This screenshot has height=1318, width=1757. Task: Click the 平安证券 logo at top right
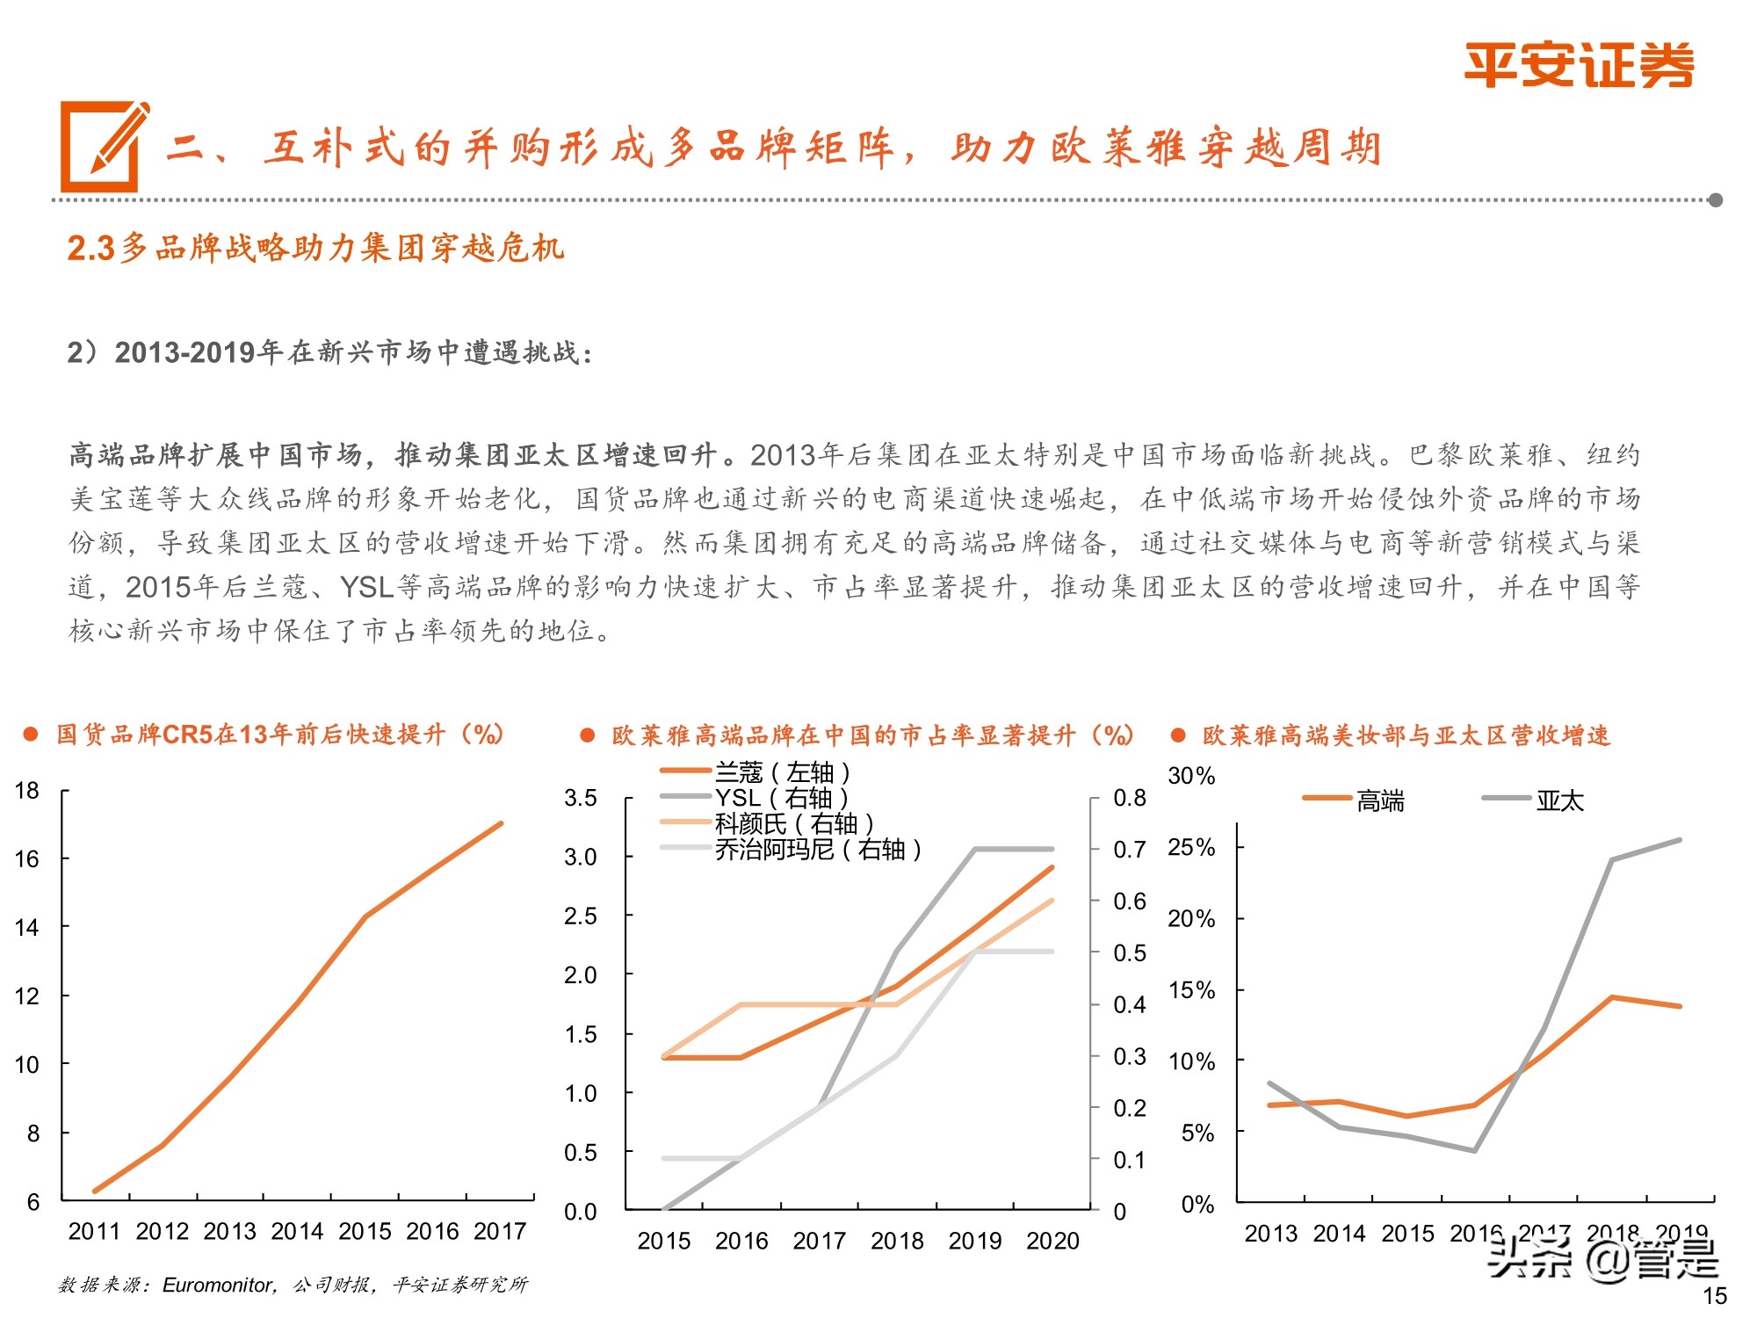coord(1578,65)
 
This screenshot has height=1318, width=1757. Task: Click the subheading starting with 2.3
coord(315,249)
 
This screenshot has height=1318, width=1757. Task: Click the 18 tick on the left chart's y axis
coord(27,790)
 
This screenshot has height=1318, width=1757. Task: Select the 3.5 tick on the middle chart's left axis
coord(580,798)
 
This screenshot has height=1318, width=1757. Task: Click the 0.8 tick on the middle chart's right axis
coord(1129,798)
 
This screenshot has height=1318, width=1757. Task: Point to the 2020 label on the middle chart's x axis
coord(1052,1241)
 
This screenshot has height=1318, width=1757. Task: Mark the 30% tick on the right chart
coord(1190,776)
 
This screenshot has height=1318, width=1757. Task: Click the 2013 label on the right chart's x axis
coord(1270,1234)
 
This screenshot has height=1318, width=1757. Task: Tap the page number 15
coord(1714,1295)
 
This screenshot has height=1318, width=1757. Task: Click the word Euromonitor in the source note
coord(218,1285)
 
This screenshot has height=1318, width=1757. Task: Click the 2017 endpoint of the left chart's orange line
coord(501,823)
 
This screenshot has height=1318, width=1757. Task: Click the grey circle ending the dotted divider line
coord(1715,200)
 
